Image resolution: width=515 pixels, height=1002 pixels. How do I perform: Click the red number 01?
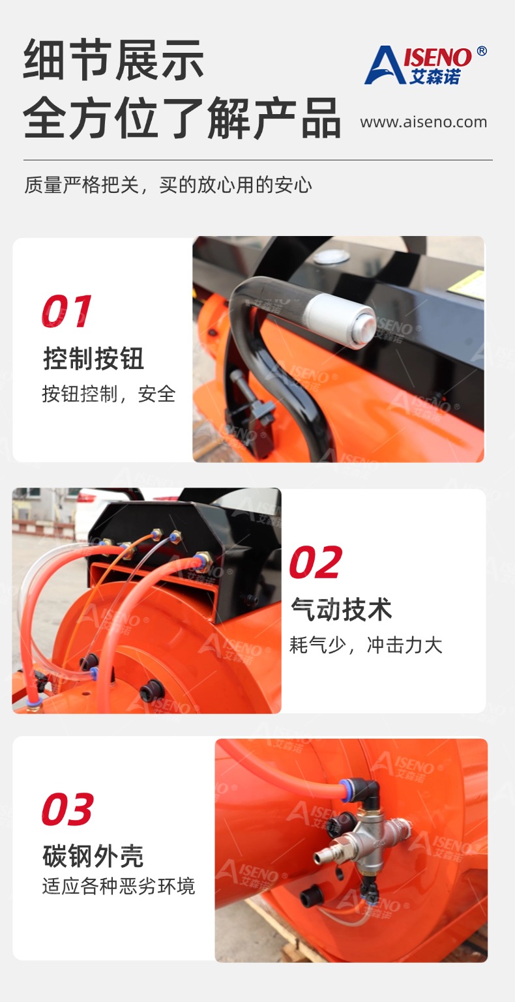(x=66, y=311)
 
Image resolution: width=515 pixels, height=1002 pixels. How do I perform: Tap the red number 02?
(x=316, y=562)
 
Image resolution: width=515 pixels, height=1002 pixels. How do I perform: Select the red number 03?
(x=68, y=809)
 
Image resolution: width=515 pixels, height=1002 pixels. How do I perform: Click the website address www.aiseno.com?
(x=423, y=122)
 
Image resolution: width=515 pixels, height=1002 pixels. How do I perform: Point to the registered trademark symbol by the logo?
(x=482, y=51)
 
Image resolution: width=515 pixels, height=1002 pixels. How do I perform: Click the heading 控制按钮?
(x=93, y=359)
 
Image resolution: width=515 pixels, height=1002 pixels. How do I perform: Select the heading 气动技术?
(x=342, y=610)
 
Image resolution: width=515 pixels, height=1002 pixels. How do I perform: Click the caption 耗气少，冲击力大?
(x=366, y=645)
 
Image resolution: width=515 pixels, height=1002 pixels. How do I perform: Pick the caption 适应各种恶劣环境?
(x=119, y=886)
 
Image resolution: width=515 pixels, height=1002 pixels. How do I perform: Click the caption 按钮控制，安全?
(x=109, y=394)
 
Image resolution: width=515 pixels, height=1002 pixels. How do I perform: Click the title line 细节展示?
(x=113, y=60)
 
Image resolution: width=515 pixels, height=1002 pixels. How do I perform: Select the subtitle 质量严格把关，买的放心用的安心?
(x=168, y=184)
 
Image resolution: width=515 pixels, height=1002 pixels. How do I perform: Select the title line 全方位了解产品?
(x=182, y=117)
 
